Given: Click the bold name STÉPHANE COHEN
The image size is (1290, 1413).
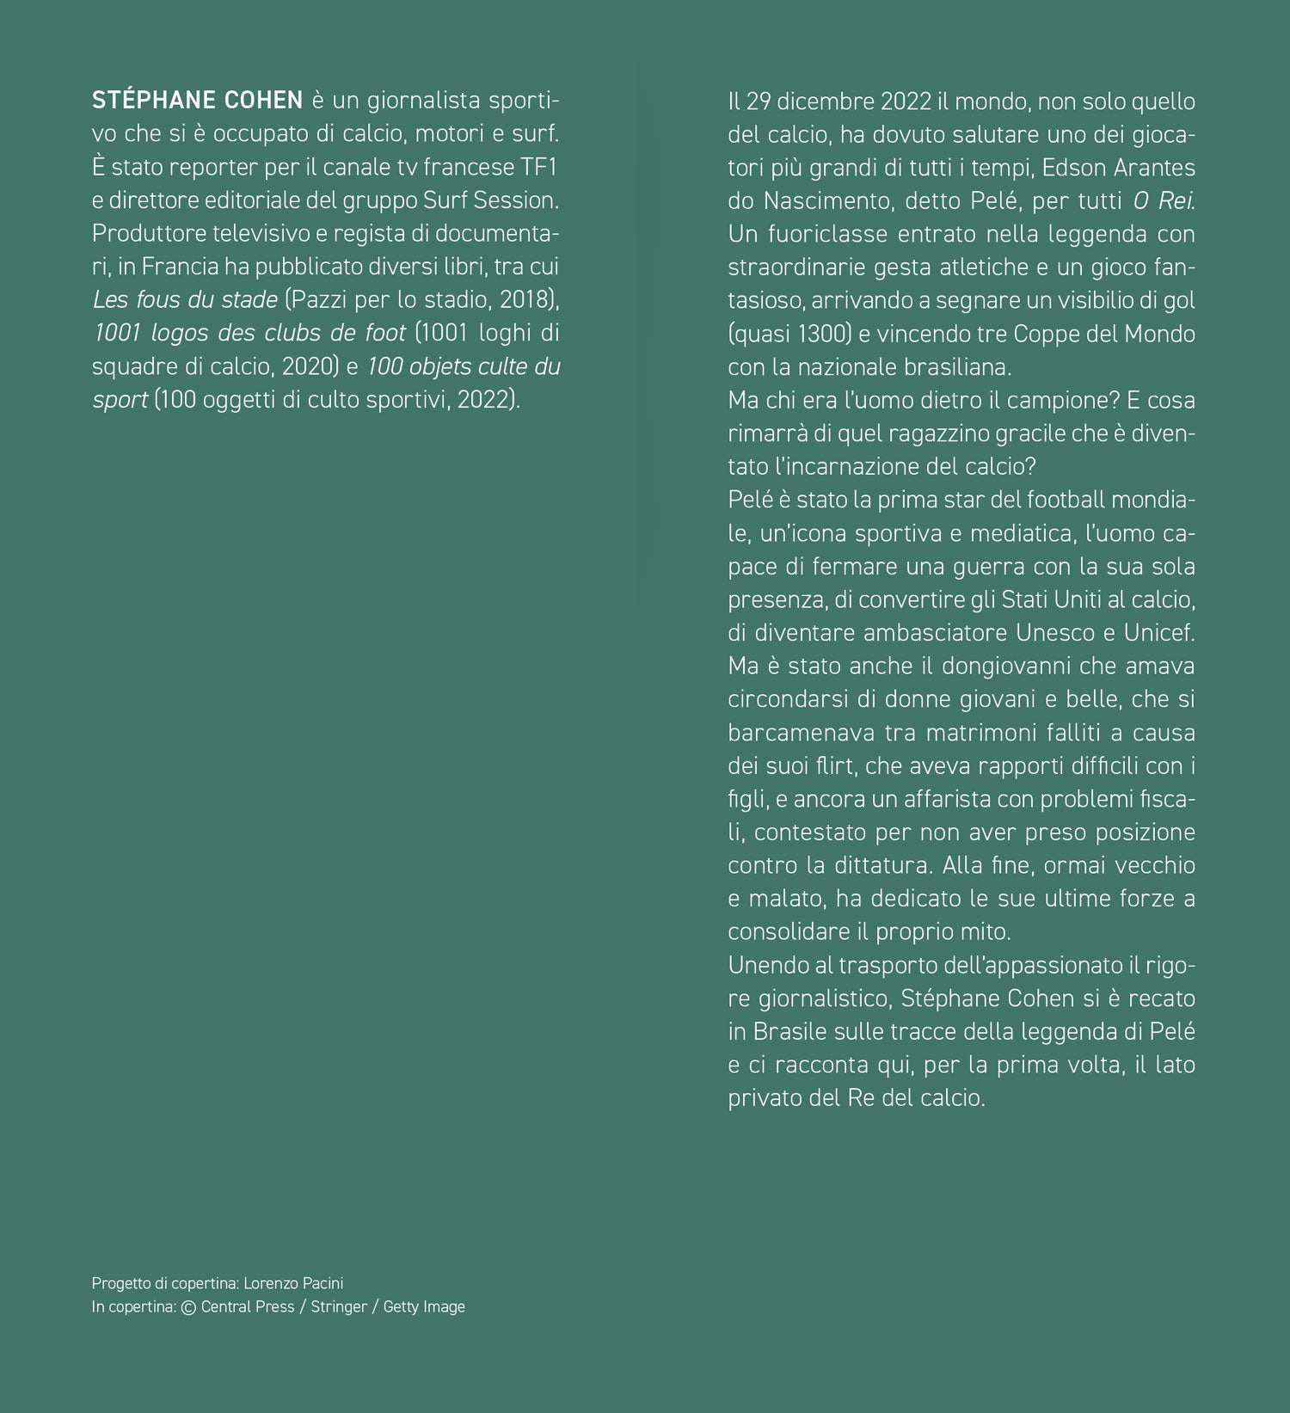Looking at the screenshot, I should tap(197, 101).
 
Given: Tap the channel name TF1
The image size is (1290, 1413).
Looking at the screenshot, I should tap(539, 167).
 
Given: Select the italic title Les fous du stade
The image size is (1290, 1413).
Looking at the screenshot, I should tap(185, 300).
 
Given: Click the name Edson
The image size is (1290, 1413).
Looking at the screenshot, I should tap(1075, 168).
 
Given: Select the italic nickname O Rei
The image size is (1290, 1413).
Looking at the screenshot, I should tap(1163, 201).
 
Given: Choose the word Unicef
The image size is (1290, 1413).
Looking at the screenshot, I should tap(1159, 633).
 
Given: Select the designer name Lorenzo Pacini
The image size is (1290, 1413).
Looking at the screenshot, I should tap(293, 1283).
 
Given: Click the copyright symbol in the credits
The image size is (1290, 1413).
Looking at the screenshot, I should tap(188, 1307).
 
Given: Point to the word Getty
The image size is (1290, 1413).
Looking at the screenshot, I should tap(402, 1306).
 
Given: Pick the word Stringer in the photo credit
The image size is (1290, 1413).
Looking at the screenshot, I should tap(339, 1306).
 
